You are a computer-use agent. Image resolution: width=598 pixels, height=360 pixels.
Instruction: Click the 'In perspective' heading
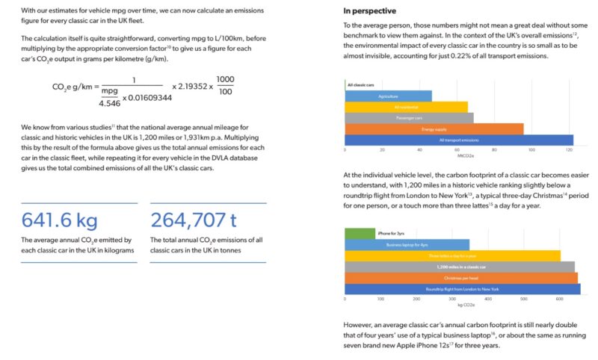click(x=370, y=11)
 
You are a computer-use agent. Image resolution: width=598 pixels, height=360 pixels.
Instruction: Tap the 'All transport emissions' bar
click(x=459, y=140)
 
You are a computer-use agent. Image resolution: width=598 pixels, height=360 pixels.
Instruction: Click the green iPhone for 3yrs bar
click(x=360, y=234)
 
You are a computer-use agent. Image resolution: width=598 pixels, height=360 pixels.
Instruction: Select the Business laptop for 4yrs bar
click(x=407, y=244)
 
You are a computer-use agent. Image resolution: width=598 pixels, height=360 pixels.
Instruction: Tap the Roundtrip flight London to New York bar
click(x=462, y=288)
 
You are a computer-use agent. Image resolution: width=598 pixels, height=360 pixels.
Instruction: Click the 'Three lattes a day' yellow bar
click(x=452, y=255)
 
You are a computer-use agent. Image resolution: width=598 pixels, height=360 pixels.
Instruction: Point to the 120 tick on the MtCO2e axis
click(x=570, y=150)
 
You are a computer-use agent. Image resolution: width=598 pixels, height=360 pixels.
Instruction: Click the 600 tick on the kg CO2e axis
click(x=559, y=299)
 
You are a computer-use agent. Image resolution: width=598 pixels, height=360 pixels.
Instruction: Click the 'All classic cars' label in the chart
click(x=361, y=85)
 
